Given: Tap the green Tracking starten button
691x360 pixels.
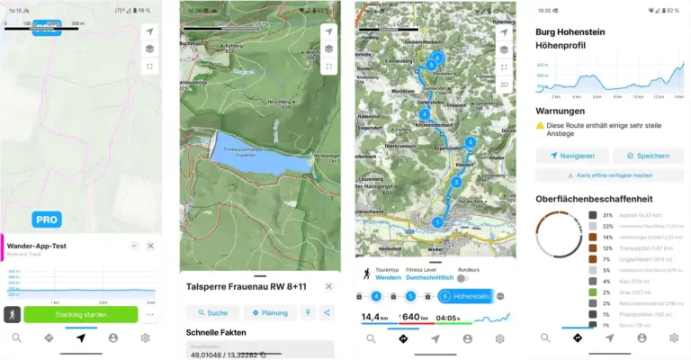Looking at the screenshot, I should click(81, 314).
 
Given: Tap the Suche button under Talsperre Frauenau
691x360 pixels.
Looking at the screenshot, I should click(212, 312).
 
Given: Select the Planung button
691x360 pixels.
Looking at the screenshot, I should click(270, 312).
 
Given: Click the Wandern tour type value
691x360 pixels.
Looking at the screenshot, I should click(389, 278).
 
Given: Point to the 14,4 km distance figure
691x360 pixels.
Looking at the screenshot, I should click(375, 317).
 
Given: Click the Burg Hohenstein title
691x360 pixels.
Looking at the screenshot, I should click(569, 31).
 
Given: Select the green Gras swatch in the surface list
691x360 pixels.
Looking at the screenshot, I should click(593, 292).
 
